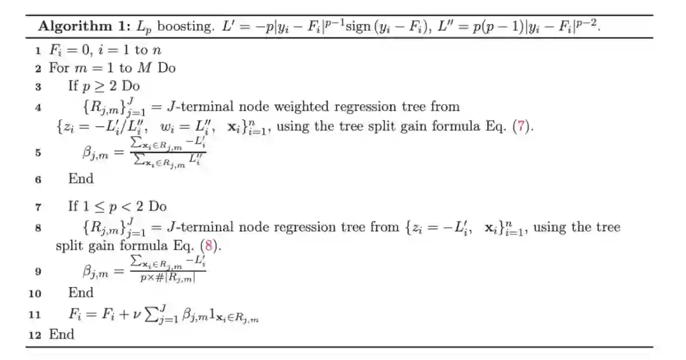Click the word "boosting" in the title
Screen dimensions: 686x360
point(184,27)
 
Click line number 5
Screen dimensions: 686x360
point(39,153)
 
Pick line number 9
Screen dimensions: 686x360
point(39,271)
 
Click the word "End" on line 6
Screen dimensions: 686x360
point(81,179)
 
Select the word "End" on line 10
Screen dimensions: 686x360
point(81,293)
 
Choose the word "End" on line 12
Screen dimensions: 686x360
point(62,334)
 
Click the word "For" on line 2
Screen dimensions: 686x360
point(59,67)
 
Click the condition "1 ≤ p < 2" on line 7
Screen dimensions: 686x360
point(112,207)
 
